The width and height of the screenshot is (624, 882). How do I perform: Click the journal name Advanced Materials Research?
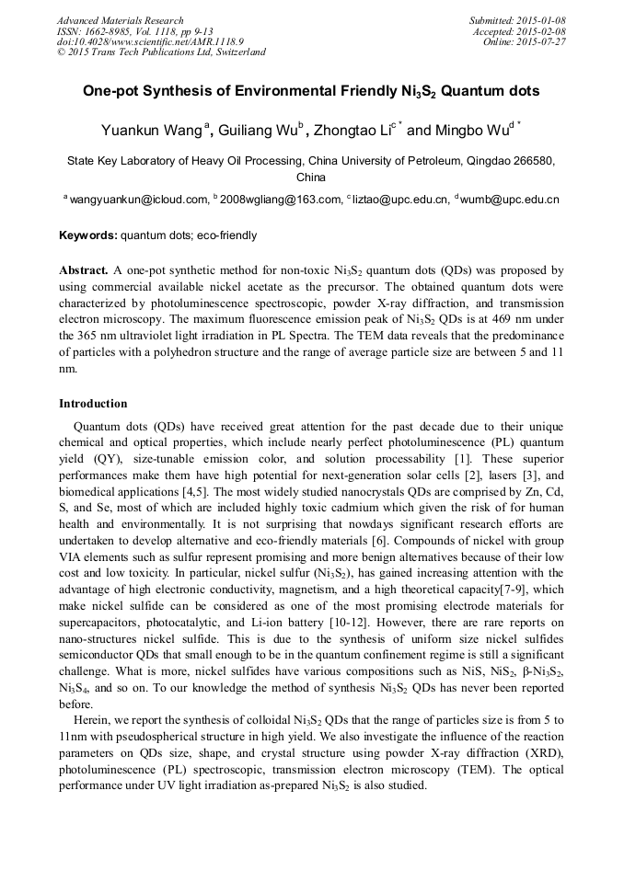[x=120, y=20]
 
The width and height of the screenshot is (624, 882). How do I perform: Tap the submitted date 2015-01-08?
[x=541, y=20]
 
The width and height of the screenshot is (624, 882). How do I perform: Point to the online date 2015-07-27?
[x=541, y=41]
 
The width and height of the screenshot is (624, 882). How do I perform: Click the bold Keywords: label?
[x=88, y=235]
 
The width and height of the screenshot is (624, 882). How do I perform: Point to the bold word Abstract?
[x=85, y=270]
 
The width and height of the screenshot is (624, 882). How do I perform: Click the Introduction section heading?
[x=93, y=403]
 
